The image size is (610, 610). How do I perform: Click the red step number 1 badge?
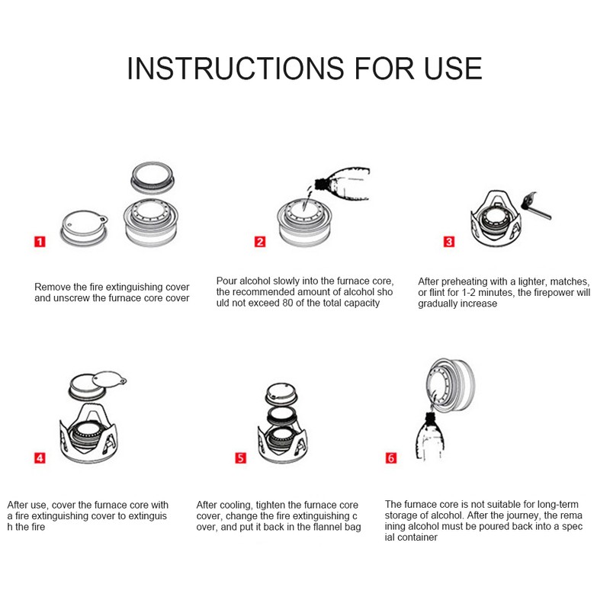(40, 242)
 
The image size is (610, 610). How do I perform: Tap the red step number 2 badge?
(260, 242)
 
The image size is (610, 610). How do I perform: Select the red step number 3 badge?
(449, 242)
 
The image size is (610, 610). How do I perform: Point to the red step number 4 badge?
(40, 458)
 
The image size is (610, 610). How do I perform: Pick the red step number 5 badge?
(240, 458)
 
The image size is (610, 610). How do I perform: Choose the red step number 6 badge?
(391, 458)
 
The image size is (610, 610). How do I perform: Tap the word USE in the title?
(453, 69)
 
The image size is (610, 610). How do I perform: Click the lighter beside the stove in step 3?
(537, 206)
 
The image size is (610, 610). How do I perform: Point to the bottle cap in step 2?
(320, 184)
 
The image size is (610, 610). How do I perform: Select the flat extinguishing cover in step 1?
(84, 228)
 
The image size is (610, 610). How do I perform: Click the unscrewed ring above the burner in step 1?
(152, 178)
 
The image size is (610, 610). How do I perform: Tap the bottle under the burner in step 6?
(430, 437)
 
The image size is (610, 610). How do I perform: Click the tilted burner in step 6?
(451, 384)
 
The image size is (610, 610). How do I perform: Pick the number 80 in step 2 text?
(287, 303)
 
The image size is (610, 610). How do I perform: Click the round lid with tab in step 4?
(109, 379)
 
